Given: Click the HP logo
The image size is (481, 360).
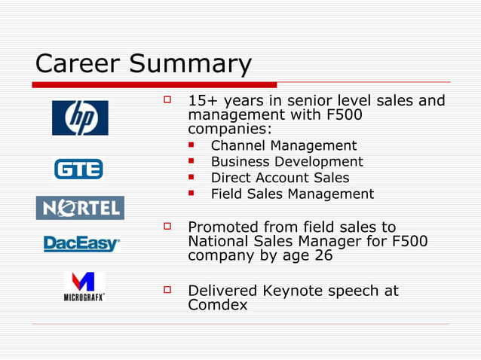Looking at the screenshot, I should (x=80, y=117).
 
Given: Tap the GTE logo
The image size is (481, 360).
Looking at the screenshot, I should (x=78, y=169).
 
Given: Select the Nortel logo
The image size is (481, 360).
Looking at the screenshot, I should (x=80, y=207).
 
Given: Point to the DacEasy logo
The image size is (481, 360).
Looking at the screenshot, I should (x=81, y=244).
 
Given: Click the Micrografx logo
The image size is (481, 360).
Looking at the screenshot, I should (x=84, y=286).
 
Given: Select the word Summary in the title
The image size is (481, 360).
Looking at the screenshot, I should (x=190, y=64).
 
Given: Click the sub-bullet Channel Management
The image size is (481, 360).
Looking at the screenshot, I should (x=283, y=145).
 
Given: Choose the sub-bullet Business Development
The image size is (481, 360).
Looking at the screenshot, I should (x=286, y=162).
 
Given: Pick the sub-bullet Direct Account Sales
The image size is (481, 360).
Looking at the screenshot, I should (x=280, y=178).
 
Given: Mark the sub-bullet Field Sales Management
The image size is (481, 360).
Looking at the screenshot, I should (x=292, y=194).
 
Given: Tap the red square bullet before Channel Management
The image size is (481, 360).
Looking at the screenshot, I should (x=193, y=145).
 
